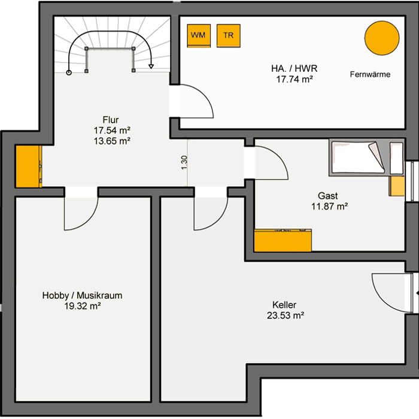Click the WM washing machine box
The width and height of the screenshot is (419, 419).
click(x=199, y=36)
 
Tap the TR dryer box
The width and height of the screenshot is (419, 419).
click(x=229, y=36)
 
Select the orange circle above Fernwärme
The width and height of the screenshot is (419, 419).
click(x=382, y=38)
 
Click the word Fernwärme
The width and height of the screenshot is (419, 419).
click(x=370, y=74)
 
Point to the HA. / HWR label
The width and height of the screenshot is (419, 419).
click(x=294, y=69)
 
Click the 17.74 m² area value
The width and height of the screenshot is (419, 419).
click(x=294, y=80)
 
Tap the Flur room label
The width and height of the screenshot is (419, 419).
click(x=111, y=120)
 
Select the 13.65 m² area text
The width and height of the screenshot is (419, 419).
click(x=112, y=141)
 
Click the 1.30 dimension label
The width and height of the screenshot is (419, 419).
click(x=184, y=162)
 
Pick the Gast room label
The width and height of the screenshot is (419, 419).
click(x=328, y=196)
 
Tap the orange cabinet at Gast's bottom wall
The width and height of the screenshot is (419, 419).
click(x=283, y=240)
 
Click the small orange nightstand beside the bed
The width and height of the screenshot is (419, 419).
click(x=396, y=186)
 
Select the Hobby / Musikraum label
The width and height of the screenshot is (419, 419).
click(x=83, y=295)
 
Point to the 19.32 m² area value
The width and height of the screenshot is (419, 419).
click(x=83, y=306)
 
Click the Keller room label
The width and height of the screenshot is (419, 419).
click(x=284, y=305)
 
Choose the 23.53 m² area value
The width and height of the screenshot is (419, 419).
click(x=286, y=315)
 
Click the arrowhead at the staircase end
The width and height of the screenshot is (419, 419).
click(x=151, y=66)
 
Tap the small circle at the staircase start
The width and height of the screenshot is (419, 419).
click(x=69, y=72)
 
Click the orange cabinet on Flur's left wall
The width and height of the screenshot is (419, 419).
click(x=29, y=166)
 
